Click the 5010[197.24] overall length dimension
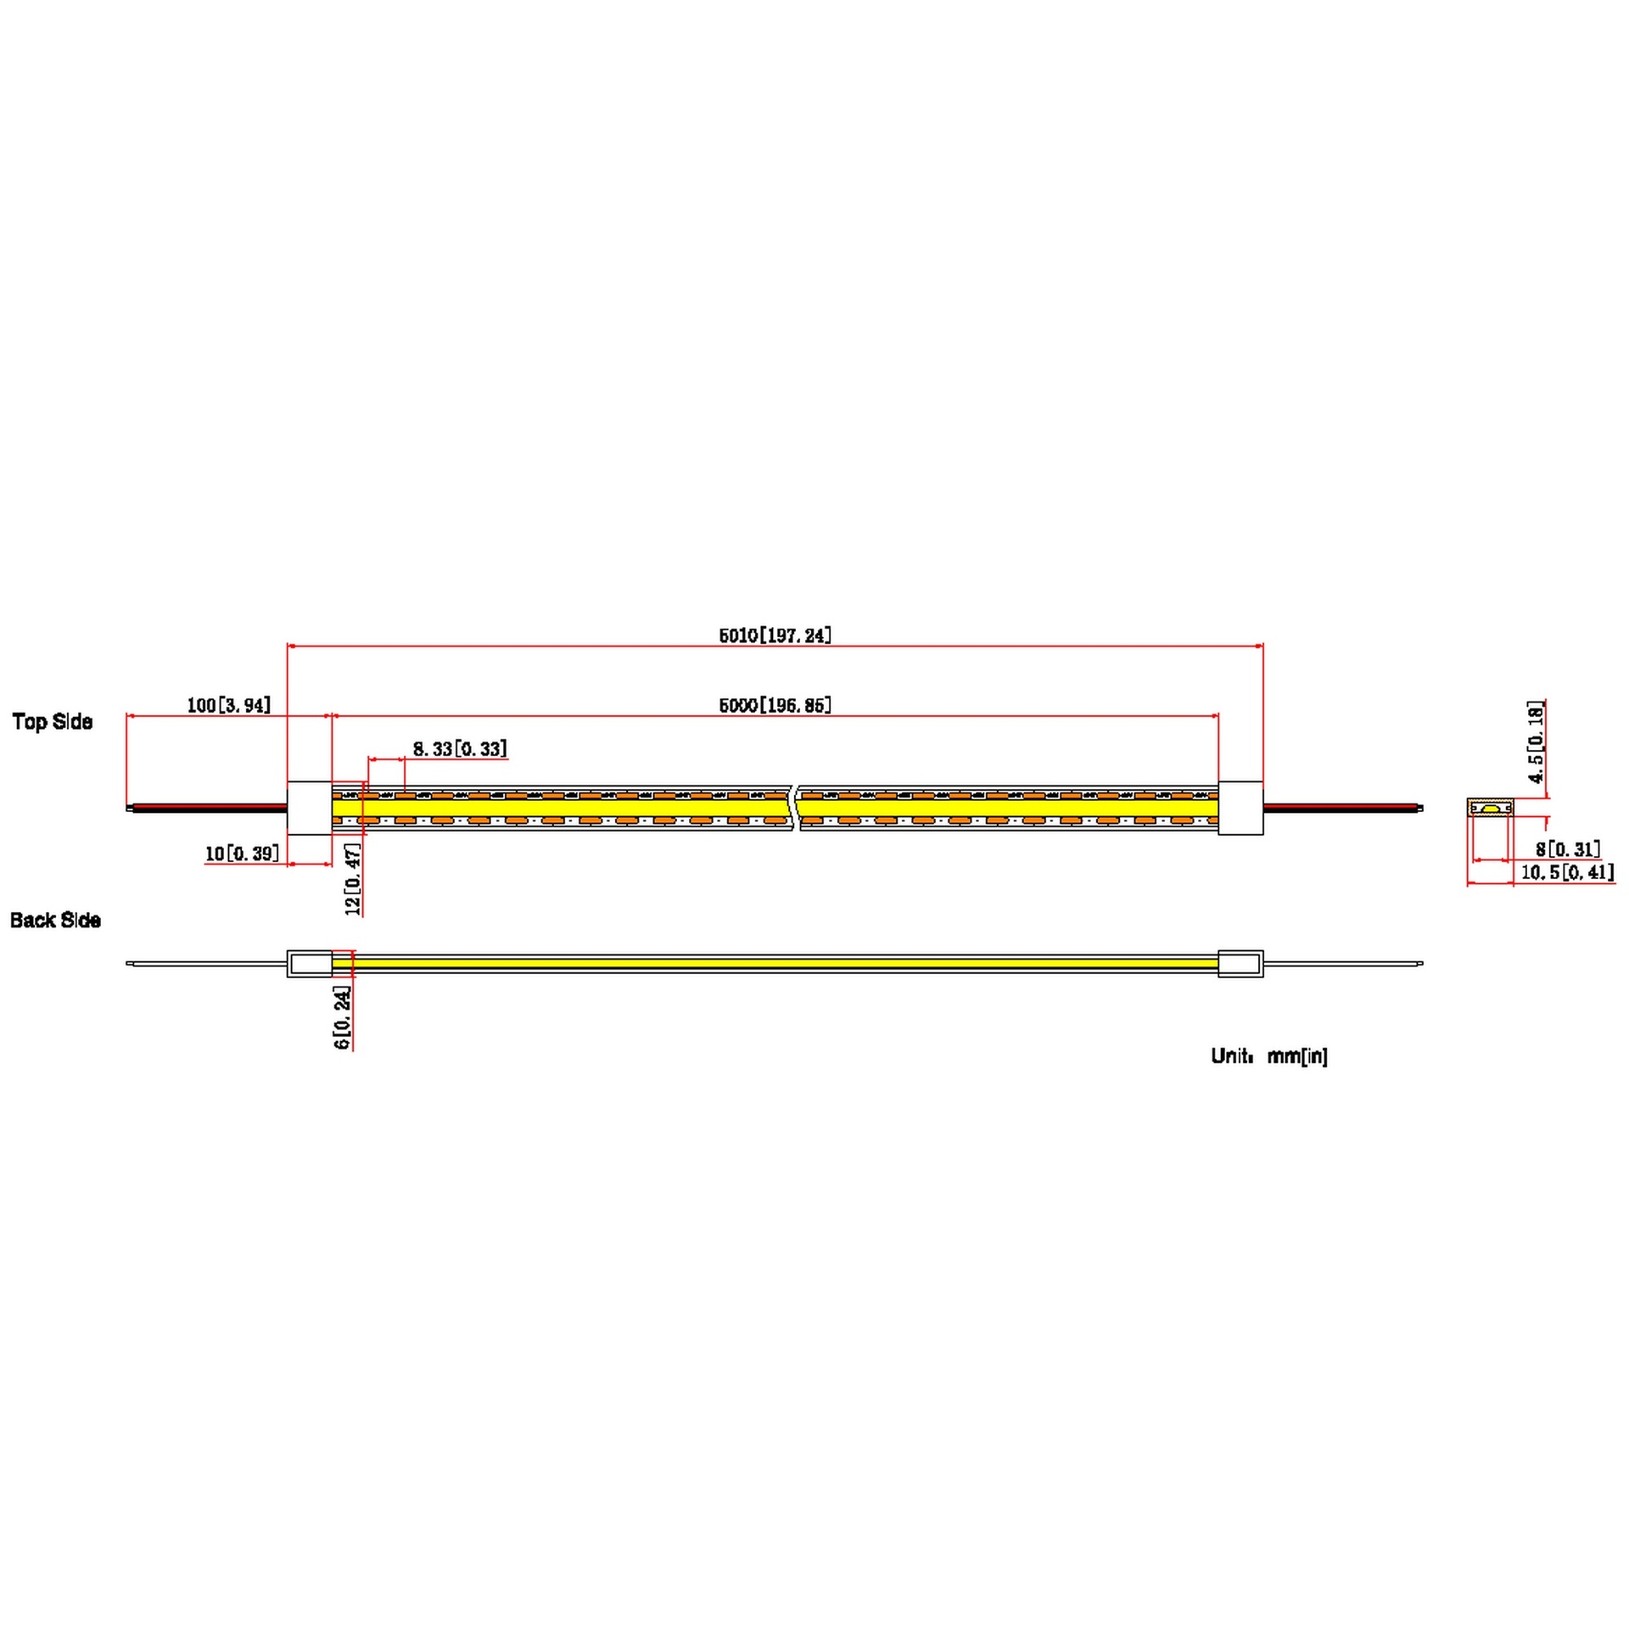click(x=775, y=635)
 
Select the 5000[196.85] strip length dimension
click(x=775, y=705)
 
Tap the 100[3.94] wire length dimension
click(x=229, y=705)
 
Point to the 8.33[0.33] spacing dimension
click(x=460, y=748)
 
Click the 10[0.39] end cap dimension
click(x=242, y=853)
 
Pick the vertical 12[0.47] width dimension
click(x=353, y=879)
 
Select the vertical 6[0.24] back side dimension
click(x=342, y=1018)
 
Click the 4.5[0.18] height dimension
click(x=1536, y=742)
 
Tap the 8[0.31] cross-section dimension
click(x=1568, y=848)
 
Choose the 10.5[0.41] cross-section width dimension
click(x=1567, y=871)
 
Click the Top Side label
click(x=53, y=721)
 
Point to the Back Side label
click(x=55, y=920)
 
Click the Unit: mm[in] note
click(x=1269, y=1055)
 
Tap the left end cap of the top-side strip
click(x=310, y=808)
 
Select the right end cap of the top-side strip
click(x=1240, y=808)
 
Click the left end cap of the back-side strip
click(x=310, y=963)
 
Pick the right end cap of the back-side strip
click(x=1240, y=963)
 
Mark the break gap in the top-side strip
click(x=796, y=808)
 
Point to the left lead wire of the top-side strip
click(x=207, y=808)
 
